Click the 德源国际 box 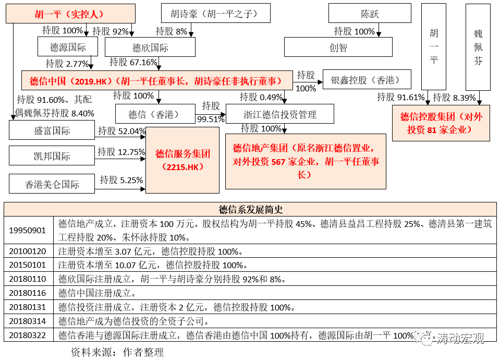click(68, 46)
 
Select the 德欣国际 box click(150, 47)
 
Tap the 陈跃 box click(370, 14)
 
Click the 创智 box click(338, 47)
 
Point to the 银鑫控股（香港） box click(367, 79)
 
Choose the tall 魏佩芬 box click(478, 47)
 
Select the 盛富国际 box click(52, 130)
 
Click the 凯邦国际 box click(52, 155)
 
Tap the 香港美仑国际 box click(52, 184)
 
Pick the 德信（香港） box click(155, 114)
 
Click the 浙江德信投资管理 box click(279, 114)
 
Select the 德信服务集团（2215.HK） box click(182, 160)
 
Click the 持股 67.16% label click(133, 62)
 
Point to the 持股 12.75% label click(121, 152)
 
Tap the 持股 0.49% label click(261, 97)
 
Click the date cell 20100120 click(28, 251)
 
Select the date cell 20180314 click(28, 321)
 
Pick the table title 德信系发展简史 click(251, 209)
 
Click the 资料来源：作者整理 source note click(117, 352)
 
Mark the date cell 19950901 click(28, 231)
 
